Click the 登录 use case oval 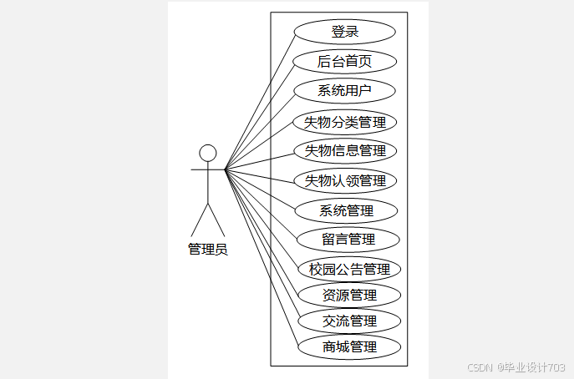click(344, 32)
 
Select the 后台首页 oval click(344, 61)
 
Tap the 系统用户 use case click(344, 91)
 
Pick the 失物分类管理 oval click(344, 123)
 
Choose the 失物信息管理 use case click(345, 151)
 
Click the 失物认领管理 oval click(345, 180)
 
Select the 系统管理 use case click(347, 210)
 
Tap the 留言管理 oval click(348, 240)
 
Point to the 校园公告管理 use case click(349, 270)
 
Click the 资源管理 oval click(349, 295)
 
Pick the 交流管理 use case click(349, 321)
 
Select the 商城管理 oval click(349, 346)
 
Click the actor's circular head click(208, 153)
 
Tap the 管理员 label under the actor click(208, 249)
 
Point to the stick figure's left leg click(200, 221)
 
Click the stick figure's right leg click(217, 221)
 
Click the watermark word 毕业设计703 click(535, 367)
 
